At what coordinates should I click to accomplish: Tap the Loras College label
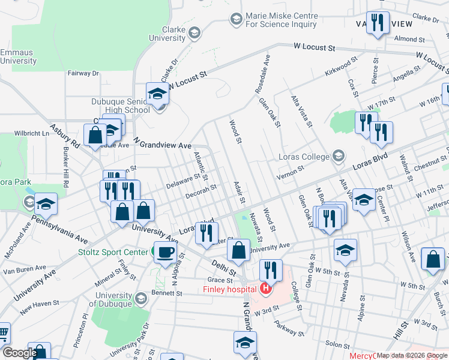pyautogui.click(x=304, y=157)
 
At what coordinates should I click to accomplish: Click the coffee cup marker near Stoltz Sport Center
pyautogui.click(x=165, y=251)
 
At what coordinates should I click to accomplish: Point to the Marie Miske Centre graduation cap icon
pyautogui.click(x=236, y=20)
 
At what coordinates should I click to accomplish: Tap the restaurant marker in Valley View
pyautogui.click(x=378, y=23)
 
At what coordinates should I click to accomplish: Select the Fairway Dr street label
pyautogui.click(x=83, y=73)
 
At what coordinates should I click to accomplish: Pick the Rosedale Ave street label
pyautogui.click(x=262, y=73)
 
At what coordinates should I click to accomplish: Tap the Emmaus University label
pyautogui.click(x=18, y=56)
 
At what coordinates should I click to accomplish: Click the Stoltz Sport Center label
pyautogui.click(x=113, y=252)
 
